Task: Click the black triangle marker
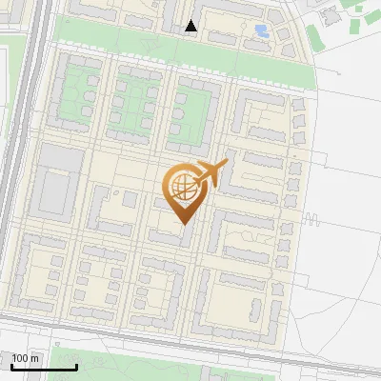(x=191, y=27)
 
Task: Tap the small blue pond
(x=261, y=31)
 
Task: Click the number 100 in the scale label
(x=21, y=359)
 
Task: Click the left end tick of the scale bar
(x=11, y=365)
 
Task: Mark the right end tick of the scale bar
(x=76, y=365)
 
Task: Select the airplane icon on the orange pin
(x=211, y=172)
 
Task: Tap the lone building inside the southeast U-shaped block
(x=254, y=309)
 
